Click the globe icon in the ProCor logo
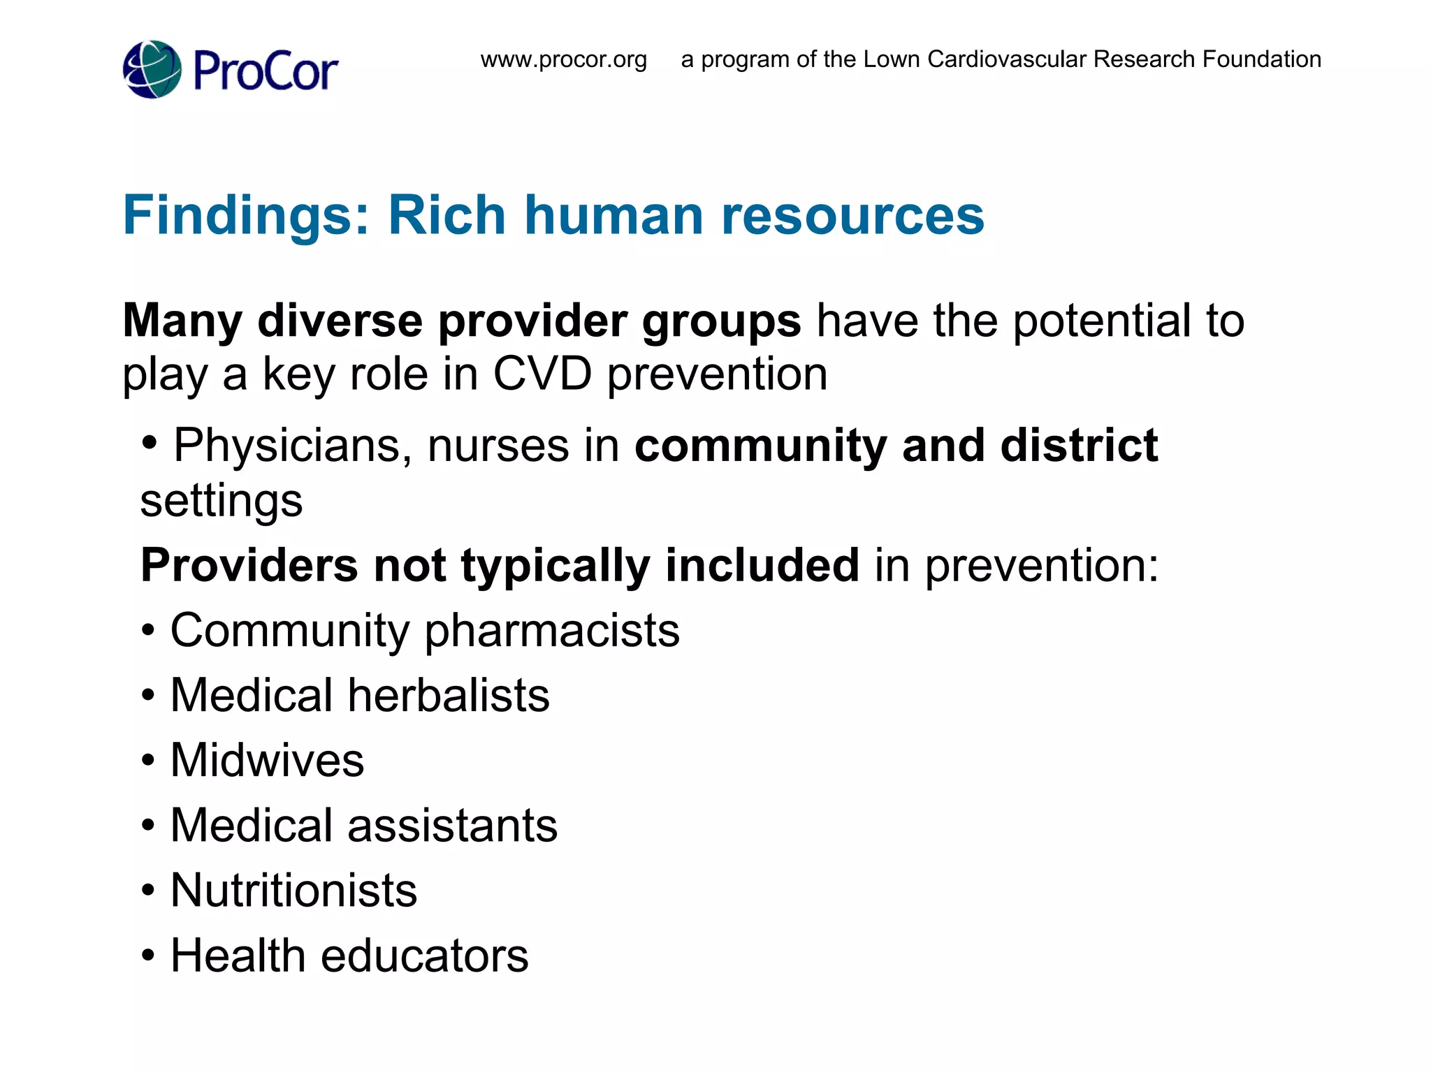click(x=152, y=70)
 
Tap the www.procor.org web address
click(x=564, y=60)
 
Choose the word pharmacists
click(x=552, y=631)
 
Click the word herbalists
click(x=449, y=696)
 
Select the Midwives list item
click(x=267, y=760)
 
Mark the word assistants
click(x=452, y=826)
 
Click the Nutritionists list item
click(x=293, y=891)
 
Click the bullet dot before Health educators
click(x=147, y=955)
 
